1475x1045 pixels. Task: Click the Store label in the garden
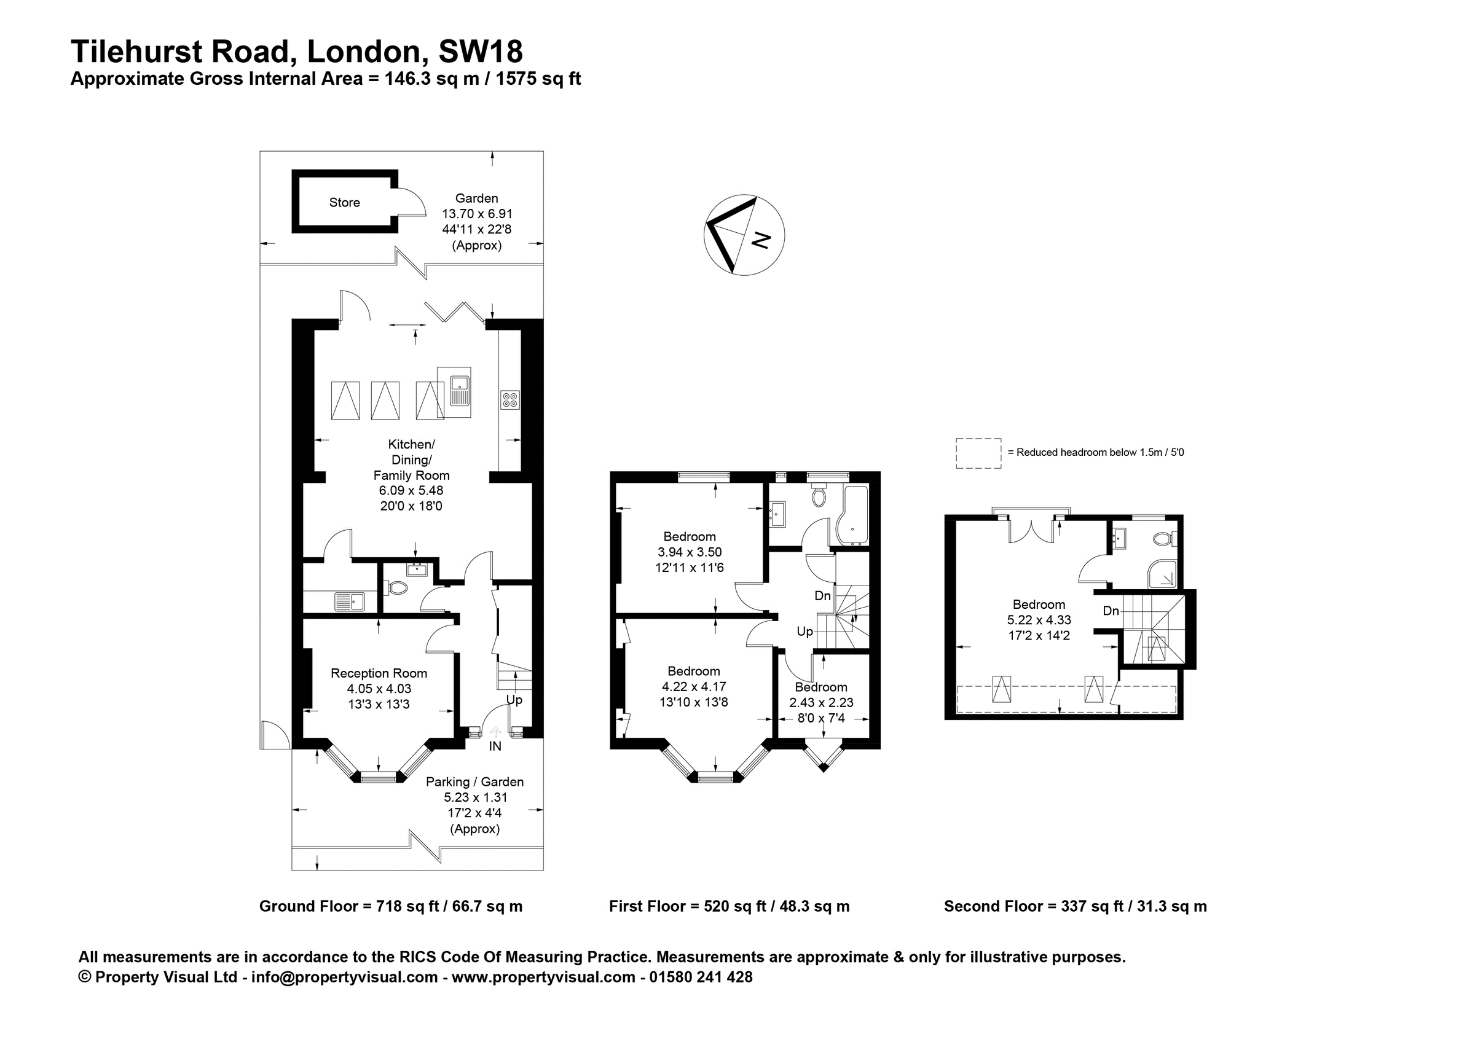coord(344,203)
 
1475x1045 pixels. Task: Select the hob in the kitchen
coord(509,399)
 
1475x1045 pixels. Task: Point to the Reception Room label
coord(379,673)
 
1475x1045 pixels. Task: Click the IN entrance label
coord(495,746)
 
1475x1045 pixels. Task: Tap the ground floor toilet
coord(397,587)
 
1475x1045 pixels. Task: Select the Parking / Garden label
coord(474,782)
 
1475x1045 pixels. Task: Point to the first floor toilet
coord(819,497)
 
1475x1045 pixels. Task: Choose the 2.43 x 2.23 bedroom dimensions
coord(821,703)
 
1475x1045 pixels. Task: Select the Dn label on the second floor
coord(1111,611)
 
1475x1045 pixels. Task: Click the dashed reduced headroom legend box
coord(978,453)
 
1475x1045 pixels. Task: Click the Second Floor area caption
coord(1075,906)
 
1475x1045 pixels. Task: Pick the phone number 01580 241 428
coord(701,977)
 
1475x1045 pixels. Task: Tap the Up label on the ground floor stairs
coord(514,700)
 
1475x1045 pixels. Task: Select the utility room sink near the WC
coord(350,602)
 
